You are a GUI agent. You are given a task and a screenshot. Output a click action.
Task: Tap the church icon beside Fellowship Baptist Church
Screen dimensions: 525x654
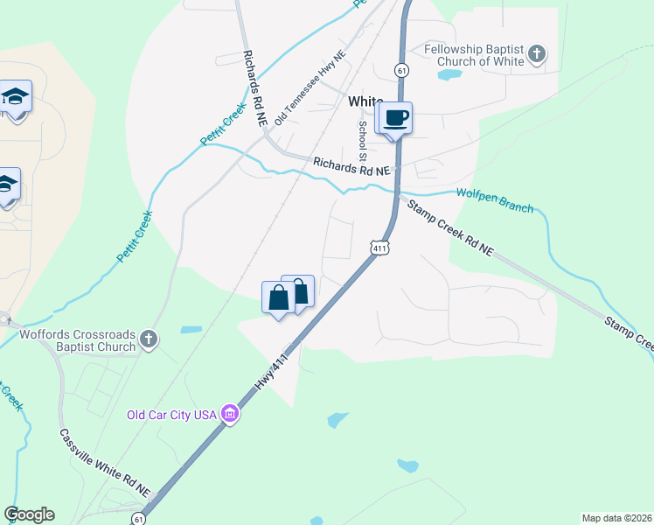pyautogui.click(x=537, y=55)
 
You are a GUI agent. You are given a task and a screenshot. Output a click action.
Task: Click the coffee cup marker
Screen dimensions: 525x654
pyautogui.click(x=394, y=118)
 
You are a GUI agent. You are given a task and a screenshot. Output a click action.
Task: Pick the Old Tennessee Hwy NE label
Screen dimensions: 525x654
pyautogui.click(x=311, y=87)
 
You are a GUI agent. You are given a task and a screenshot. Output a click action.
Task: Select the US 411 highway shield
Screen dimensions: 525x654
pyautogui.click(x=379, y=248)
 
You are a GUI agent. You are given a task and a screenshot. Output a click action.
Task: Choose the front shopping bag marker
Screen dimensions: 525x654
pyautogui.click(x=278, y=298)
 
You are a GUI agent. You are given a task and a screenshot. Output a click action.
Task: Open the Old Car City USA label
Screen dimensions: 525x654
pyautogui.click(x=171, y=415)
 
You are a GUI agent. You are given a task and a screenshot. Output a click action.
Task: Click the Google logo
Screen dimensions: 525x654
pyautogui.click(x=30, y=514)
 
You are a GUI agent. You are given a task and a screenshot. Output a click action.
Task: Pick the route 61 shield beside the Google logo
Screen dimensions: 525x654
pyautogui.click(x=139, y=519)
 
